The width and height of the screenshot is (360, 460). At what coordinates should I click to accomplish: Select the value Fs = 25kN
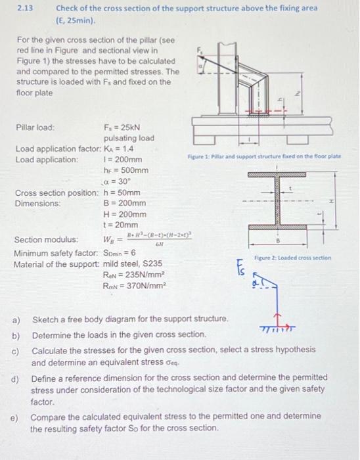point(123,126)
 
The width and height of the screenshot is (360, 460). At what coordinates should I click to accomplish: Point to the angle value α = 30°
point(118,181)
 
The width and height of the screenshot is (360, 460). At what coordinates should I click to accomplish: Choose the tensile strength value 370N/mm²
point(142,286)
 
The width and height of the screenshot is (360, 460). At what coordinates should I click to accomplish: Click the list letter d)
point(14,379)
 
